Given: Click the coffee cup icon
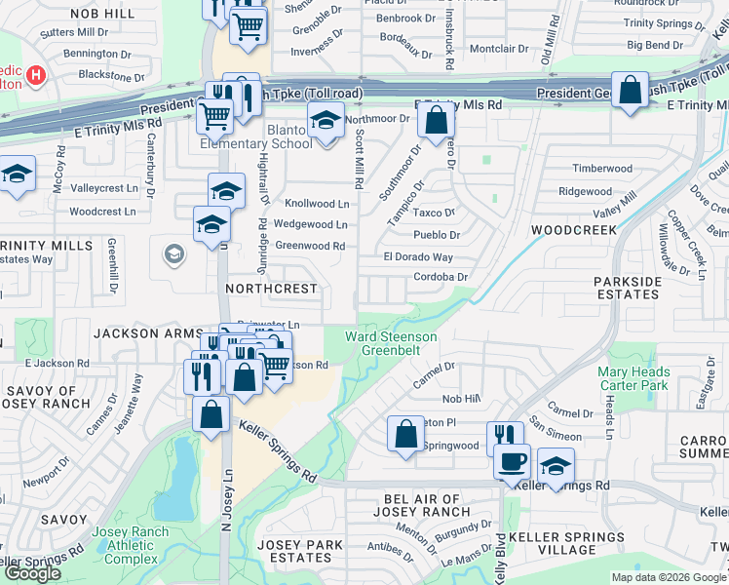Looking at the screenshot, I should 512,460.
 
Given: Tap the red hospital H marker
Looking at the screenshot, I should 36,74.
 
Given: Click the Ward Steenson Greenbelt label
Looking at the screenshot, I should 392,342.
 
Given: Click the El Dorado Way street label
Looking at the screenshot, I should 418,257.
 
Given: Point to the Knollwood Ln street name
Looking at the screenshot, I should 316,204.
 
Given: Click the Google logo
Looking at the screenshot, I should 32,573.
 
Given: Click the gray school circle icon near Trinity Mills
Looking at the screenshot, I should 173,254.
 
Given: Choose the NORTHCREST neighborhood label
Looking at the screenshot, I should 271,290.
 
